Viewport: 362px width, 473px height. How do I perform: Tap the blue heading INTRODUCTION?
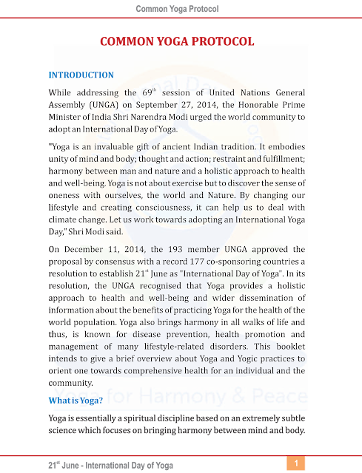pyautogui.click(x=81, y=75)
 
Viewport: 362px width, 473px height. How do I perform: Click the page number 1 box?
pyautogui.click(x=295, y=463)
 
